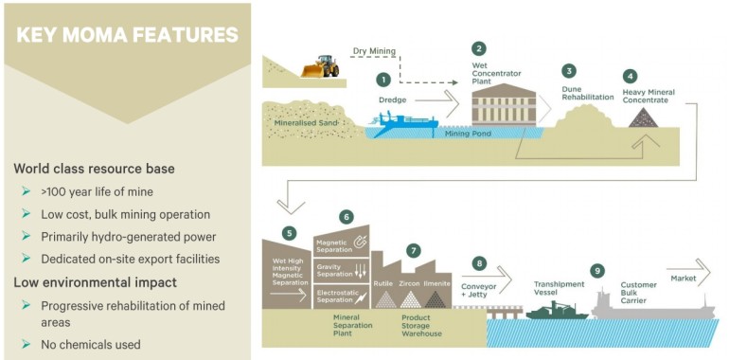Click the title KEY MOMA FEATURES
coord(126,36)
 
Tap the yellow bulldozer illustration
coord(321,66)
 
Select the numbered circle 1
coord(383,81)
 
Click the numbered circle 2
coord(479,48)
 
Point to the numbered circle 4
coord(631,76)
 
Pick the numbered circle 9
coord(596,271)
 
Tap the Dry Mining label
coord(373,51)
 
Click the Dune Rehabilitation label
coord(578,94)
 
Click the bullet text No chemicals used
coord(90,343)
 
